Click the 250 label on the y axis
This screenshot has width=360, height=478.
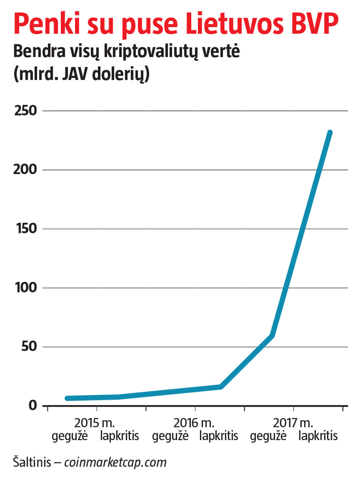coord(26,111)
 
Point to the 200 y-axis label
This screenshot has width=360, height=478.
coord(25,169)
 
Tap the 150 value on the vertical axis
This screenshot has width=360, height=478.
coord(26,228)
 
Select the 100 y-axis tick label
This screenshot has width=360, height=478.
coord(26,287)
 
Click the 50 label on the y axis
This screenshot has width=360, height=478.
coord(29,346)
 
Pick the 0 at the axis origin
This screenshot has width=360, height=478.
coord(33,405)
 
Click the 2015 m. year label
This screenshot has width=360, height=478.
coord(94,423)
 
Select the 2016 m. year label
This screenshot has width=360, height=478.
coord(194,423)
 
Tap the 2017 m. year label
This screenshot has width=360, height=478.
coord(293,423)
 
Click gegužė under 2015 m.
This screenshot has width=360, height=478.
coord(70,436)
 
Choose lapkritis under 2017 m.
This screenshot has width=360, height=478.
coord(318,436)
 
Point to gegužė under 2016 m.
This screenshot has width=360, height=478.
coord(170,436)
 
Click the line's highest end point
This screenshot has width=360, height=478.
coord(330,133)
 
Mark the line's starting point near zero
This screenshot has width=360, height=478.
coord(67,398)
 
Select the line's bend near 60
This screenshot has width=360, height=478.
coord(272,336)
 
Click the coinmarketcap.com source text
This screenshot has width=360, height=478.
coord(116,462)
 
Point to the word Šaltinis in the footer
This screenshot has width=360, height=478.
coord(32,462)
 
